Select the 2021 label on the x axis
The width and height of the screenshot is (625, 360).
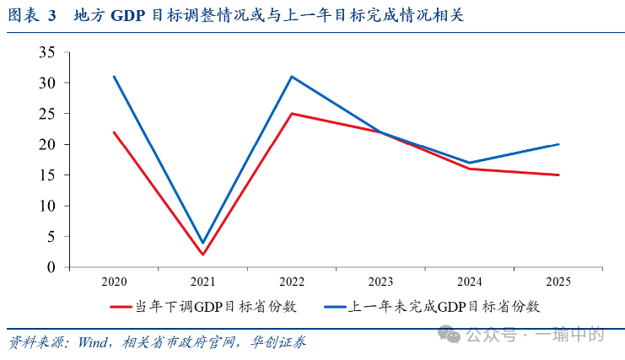pyautogui.click(x=202, y=281)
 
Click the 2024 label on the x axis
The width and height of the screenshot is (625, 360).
pyautogui.click(x=469, y=281)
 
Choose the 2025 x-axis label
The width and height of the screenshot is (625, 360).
pyautogui.click(x=558, y=281)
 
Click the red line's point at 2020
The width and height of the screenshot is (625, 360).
pyautogui.click(x=114, y=132)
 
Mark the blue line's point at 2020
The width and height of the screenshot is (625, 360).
pyautogui.click(x=114, y=77)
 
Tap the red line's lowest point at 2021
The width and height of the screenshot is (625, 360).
pyautogui.click(x=202, y=255)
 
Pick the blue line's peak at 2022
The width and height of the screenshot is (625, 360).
pyautogui.click(x=291, y=77)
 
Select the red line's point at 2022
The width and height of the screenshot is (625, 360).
pyautogui.click(x=291, y=114)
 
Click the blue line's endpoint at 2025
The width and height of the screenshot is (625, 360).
pyautogui.click(x=558, y=144)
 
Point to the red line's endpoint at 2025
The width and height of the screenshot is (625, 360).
pyautogui.click(x=558, y=175)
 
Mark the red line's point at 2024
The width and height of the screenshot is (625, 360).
pyautogui.click(x=469, y=169)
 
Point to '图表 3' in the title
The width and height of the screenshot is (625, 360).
pyautogui.click(x=30, y=16)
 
